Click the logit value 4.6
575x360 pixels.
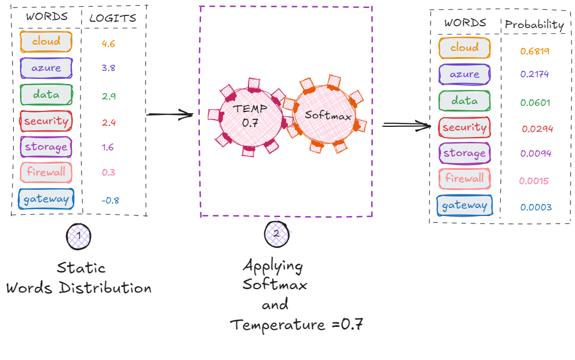tap(108, 43)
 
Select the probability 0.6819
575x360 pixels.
tap(534, 51)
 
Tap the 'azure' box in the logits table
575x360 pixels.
tap(46, 68)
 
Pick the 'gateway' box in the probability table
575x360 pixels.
tap(464, 206)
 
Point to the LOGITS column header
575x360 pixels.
tap(113, 18)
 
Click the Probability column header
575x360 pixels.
tap(534, 25)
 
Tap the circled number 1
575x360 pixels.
tap(78, 236)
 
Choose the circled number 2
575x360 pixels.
tap(277, 234)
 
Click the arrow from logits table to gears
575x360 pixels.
tap(170, 115)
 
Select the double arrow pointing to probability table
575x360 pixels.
tap(406, 125)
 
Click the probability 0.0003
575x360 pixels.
tap(536, 207)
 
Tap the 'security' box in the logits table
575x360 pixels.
tap(45, 121)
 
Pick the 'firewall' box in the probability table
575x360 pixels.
tap(464, 179)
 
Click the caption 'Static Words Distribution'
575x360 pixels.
tap(79, 278)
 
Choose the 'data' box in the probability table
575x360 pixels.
tap(464, 101)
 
